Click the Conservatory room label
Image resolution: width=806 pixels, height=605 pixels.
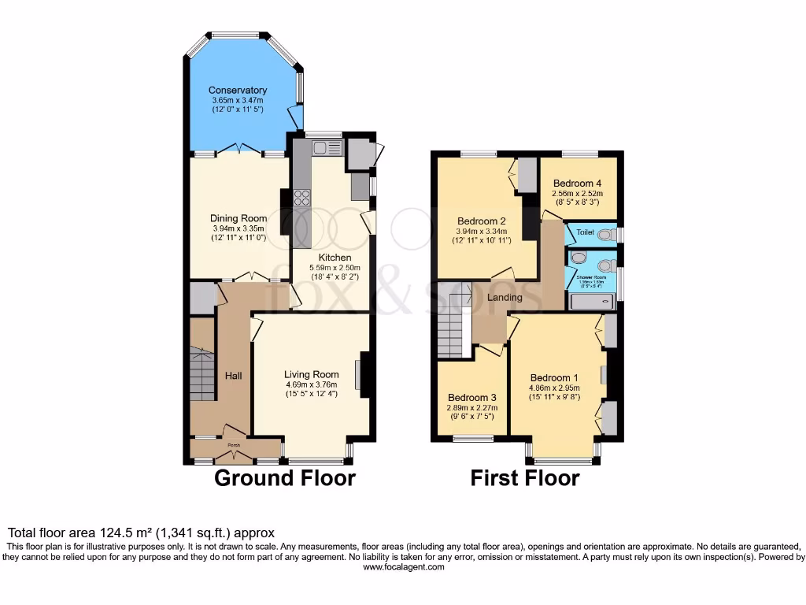(238, 90)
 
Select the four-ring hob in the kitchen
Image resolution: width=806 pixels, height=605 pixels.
(301, 198)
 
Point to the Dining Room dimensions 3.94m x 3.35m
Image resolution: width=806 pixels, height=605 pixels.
(238, 228)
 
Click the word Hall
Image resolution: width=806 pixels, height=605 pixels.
(234, 376)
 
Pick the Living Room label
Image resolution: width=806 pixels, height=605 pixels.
(312, 375)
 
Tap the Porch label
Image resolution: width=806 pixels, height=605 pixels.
(233, 446)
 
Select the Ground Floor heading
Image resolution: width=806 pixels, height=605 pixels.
(285, 478)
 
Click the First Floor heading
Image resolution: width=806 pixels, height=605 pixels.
(525, 478)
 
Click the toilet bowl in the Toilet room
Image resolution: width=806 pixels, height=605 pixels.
(605, 234)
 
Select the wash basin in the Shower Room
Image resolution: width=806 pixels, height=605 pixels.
(579, 258)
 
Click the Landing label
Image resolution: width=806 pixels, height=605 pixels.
(505, 298)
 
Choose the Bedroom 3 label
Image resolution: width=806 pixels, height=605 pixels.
(472, 398)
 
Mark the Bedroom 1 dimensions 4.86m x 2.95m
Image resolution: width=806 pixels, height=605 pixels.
(554, 388)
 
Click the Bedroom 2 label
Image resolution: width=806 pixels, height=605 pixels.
(482, 221)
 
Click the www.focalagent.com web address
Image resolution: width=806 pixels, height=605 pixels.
(402, 566)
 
